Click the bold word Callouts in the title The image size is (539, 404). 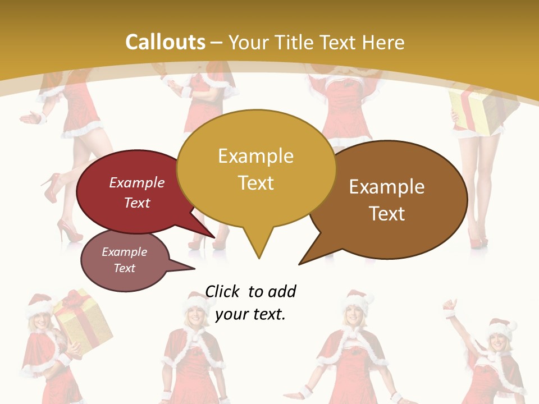pos(165,43)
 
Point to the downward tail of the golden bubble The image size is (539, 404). pos(258,247)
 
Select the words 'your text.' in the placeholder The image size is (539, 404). pos(250,314)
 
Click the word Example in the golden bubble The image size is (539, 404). pos(255,156)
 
